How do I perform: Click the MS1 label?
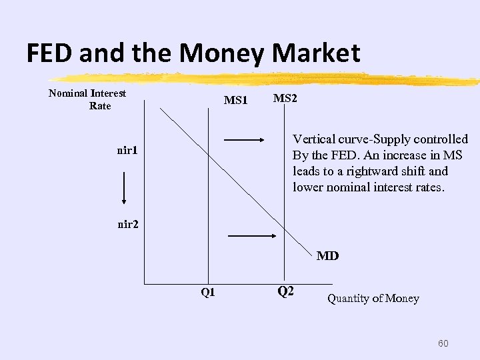click(x=235, y=101)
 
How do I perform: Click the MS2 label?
click(x=285, y=98)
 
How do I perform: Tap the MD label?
click(x=327, y=255)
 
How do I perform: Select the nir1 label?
click(x=127, y=151)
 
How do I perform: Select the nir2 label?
click(x=128, y=224)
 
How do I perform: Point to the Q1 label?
click(x=208, y=292)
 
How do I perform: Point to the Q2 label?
click(x=285, y=291)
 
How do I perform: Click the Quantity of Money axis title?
click(x=373, y=299)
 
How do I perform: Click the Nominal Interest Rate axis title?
click(x=88, y=99)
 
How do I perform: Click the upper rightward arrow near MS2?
click(x=245, y=140)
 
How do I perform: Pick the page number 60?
click(x=443, y=343)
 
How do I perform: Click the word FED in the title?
click(x=49, y=53)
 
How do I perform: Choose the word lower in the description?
click(x=307, y=187)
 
